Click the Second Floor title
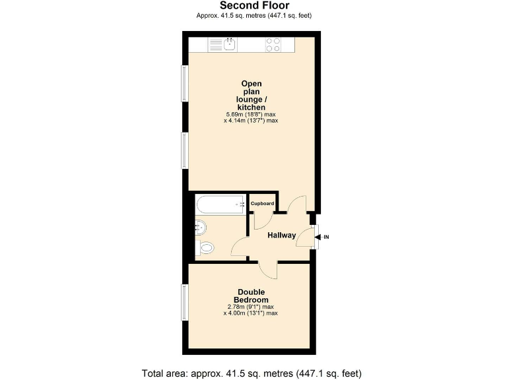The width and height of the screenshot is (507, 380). (254, 5)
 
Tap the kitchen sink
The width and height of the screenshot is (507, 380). (229, 44)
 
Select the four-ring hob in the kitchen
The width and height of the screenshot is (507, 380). (273, 44)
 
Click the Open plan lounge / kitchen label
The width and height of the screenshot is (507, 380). (252, 95)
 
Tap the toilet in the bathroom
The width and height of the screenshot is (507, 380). (205, 249)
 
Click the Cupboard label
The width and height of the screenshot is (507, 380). (262, 204)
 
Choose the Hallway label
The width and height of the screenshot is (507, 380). (281, 236)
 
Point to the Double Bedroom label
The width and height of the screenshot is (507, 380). (251, 296)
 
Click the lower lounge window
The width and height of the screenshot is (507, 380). (186, 150)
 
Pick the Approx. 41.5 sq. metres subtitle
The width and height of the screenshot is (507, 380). (254, 15)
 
